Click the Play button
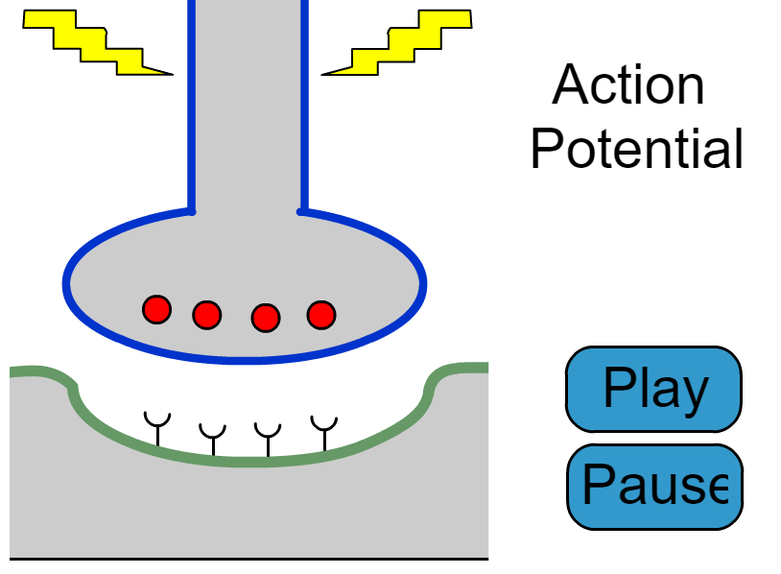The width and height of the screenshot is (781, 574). click(653, 389)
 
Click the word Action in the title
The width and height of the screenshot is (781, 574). click(628, 85)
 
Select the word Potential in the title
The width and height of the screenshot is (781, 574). click(637, 149)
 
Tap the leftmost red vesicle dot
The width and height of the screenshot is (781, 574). click(156, 309)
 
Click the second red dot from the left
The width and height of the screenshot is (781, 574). click(207, 314)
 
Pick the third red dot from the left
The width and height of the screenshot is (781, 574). click(266, 316)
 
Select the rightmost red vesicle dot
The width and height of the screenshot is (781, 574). click(320, 314)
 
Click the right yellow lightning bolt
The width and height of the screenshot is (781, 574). click(397, 42)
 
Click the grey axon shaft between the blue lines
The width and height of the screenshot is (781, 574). click(248, 106)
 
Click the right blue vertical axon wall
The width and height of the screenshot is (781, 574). click(304, 106)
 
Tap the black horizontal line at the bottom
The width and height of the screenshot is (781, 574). click(249, 558)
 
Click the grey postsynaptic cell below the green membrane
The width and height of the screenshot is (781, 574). click(249, 509)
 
